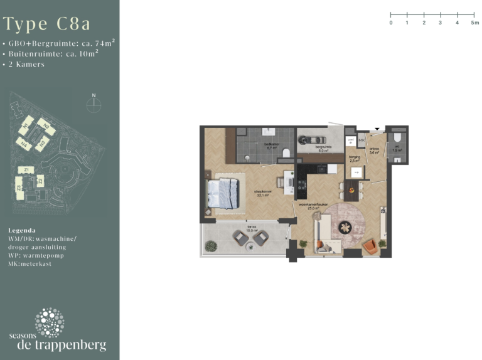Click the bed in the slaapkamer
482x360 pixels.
[223, 193]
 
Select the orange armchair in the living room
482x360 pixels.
[371, 246]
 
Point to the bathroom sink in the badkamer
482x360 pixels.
[270, 132]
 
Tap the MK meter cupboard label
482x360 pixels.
[361, 140]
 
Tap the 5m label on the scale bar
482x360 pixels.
[474, 23]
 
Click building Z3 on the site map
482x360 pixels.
[19, 188]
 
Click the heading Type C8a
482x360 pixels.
[47, 24]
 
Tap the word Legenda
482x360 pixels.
[22, 230]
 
